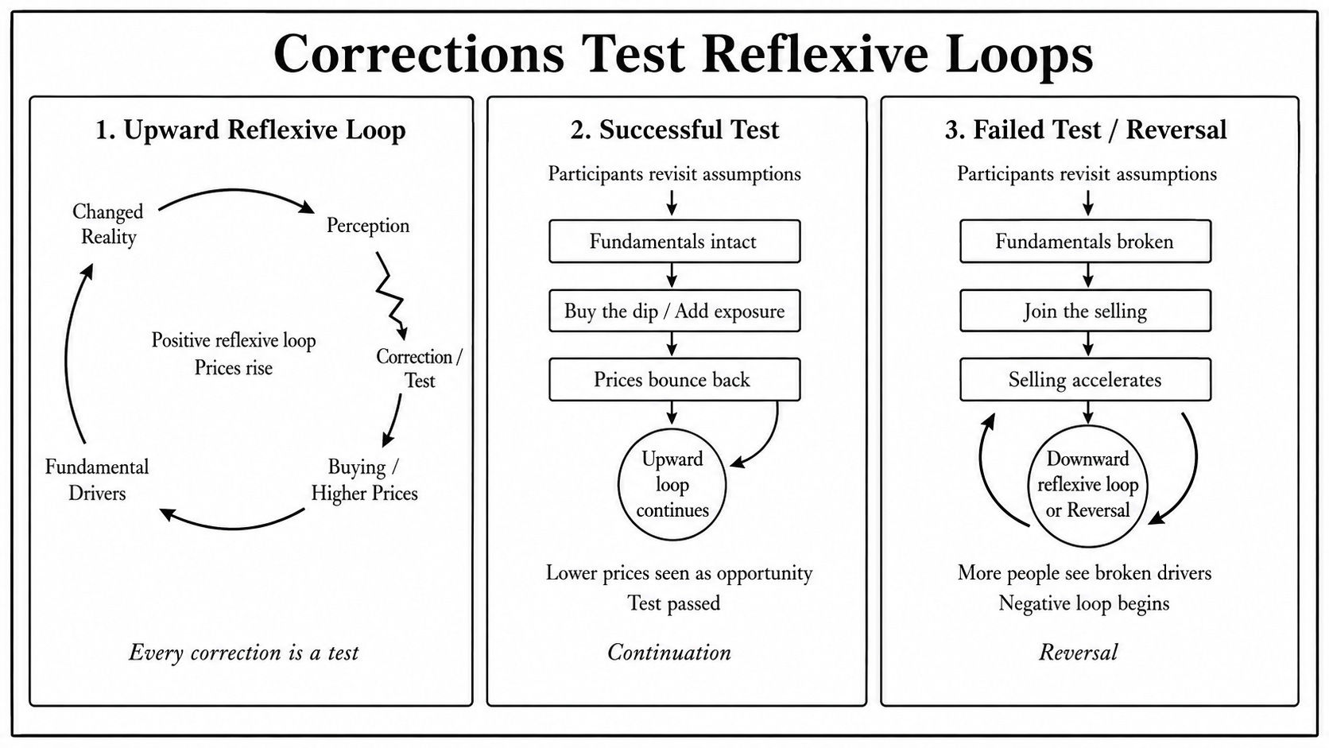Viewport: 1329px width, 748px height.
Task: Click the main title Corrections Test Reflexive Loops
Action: pyautogui.click(x=683, y=54)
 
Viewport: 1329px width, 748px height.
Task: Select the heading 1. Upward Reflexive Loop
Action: pyautogui.click(x=250, y=130)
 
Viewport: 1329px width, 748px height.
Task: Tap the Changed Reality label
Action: pyautogui.click(x=108, y=224)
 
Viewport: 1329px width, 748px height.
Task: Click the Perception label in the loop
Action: pyautogui.click(x=368, y=226)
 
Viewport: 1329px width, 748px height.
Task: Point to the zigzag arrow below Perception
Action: pyautogui.click(x=389, y=294)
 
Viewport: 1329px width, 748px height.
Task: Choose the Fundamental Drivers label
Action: pyautogui.click(x=97, y=480)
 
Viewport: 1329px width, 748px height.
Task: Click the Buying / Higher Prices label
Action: pyautogui.click(x=364, y=480)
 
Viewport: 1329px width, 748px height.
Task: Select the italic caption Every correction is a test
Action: pyautogui.click(x=244, y=653)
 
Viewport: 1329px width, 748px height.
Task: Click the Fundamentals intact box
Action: pyautogui.click(x=675, y=242)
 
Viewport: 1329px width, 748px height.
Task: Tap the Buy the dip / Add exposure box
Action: pyautogui.click(x=675, y=311)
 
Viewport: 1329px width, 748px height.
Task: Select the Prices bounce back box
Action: pyautogui.click(x=675, y=380)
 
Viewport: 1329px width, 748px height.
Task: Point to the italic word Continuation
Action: pyautogui.click(x=669, y=653)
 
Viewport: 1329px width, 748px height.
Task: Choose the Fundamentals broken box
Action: pyautogui.click(x=1086, y=242)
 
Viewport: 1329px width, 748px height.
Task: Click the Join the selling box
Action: pyautogui.click(x=1086, y=311)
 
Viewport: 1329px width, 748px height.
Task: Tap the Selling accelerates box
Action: pyautogui.click(x=1086, y=380)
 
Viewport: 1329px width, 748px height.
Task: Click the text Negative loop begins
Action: pyautogui.click(x=1084, y=603)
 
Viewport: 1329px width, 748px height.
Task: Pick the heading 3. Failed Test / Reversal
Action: pyautogui.click(x=1086, y=130)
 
